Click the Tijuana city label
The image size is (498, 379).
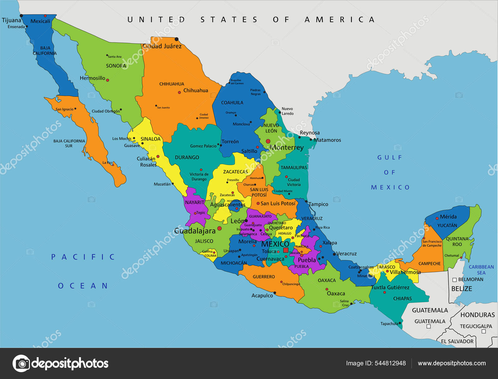click(x=12, y=21)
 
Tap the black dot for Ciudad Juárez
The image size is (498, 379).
click(x=176, y=39)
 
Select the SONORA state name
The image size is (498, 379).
click(x=116, y=66)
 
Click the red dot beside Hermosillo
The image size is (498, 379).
click(x=108, y=80)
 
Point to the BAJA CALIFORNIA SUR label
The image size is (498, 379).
click(x=69, y=143)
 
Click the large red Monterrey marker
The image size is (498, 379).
click(x=268, y=141)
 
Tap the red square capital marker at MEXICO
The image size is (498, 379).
click(x=286, y=250)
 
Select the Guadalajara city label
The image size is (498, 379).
click(x=195, y=231)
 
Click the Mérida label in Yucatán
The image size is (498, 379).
click(x=448, y=217)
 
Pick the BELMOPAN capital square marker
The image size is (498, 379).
click(x=454, y=280)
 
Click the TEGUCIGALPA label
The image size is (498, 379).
click(x=476, y=326)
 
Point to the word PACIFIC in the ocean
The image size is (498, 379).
click(x=83, y=257)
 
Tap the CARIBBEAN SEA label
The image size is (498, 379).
click(x=481, y=270)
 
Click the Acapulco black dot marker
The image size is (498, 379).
click(x=275, y=293)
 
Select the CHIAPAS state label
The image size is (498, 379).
click(x=402, y=298)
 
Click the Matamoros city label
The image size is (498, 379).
click(x=327, y=140)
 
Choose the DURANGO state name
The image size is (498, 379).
click(x=187, y=158)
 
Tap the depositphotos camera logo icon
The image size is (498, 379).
click(x=21, y=363)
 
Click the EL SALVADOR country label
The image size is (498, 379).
click(x=457, y=341)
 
